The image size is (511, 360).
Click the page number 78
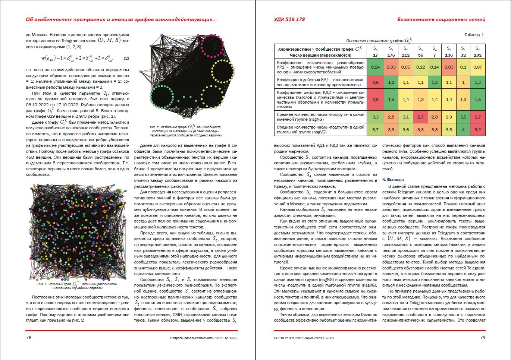(x=28, y=338)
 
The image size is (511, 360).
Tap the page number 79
(x=482, y=338)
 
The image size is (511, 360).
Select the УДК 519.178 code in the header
(x=289, y=19)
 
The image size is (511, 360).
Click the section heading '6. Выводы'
(x=393, y=180)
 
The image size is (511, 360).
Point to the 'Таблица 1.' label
(x=474, y=35)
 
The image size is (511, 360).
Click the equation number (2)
(x=126, y=58)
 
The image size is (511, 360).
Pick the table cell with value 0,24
(x=375, y=67)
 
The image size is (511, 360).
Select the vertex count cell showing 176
(x=391, y=55)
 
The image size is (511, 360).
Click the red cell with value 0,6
(x=375, y=82)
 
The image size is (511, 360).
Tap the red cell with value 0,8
(x=375, y=100)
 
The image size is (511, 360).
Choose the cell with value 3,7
(x=375, y=130)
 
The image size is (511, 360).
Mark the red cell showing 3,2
(x=477, y=130)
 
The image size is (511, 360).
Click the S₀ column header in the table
(x=375, y=49)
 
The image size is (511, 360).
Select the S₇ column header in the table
(x=477, y=49)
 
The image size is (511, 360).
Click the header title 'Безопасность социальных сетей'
(x=441, y=19)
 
